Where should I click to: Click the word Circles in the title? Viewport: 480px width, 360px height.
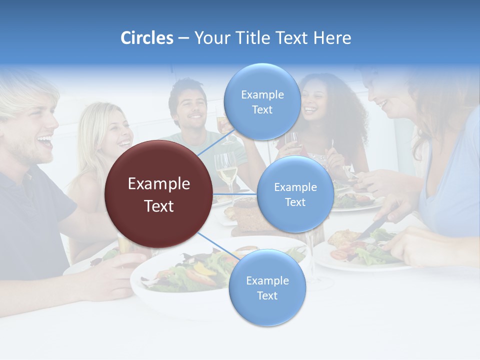(x=147, y=38)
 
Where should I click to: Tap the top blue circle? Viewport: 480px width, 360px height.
(x=262, y=101)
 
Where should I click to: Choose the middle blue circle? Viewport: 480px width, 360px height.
(x=295, y=194)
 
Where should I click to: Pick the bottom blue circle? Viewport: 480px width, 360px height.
(x=267, y=287)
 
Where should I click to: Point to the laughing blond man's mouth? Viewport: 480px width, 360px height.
(x=45, y=142)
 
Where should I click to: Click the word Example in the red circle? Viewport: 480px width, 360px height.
(x=159, y=184)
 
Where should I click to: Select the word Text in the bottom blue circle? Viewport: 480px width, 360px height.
(x=267, y=295)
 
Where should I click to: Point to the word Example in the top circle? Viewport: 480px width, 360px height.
(x=262, y=94)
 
